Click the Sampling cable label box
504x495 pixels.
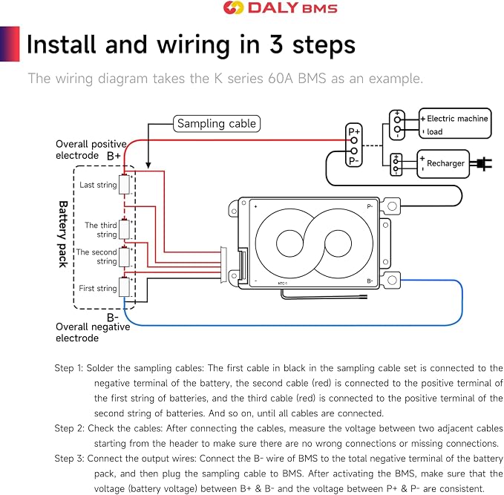(217, 123)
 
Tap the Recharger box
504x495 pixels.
(443, 163)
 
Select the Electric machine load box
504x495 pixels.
(455, 123)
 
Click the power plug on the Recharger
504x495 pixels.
(481, 164)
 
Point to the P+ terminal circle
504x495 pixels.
(354, 140)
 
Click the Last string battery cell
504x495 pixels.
(124, 185)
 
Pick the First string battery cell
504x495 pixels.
(124, 286)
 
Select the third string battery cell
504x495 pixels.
(124, 229)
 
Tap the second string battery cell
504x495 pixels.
(124, 257)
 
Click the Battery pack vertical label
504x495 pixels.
(63, 234)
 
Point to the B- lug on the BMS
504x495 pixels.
(391, 280)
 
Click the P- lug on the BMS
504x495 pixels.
(391, 206)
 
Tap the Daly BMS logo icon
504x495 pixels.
(233, 7)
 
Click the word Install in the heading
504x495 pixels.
(62, 45)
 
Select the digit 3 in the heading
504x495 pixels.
(276, 45)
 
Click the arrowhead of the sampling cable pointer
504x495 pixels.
(148, 165)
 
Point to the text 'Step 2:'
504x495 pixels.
(70, 428)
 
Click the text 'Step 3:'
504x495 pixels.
(70, 459)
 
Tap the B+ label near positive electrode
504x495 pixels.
(114, 156)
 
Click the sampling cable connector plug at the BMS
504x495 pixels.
(223, 265)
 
